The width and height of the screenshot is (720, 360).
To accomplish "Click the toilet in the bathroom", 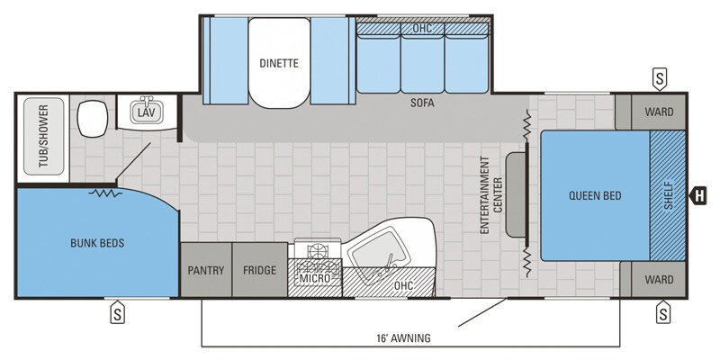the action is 93,119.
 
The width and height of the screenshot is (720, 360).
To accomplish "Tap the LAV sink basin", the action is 147,112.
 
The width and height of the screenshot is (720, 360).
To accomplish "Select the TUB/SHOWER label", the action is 43,136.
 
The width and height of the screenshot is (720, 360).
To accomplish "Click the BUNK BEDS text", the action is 97,243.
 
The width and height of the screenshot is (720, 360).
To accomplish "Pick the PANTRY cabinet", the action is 206,270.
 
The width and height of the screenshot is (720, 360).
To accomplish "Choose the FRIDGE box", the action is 260,270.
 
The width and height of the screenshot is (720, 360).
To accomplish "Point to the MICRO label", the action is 315,278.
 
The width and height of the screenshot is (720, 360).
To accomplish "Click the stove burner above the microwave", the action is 316,251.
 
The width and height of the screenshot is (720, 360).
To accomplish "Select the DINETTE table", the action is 279,63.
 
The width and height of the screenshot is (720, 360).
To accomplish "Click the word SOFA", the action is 422,103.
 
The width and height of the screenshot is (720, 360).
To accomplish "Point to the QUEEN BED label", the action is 595,195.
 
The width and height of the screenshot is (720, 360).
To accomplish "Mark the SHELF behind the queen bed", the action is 668,195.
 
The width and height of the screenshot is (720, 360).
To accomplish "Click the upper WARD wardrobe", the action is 659,112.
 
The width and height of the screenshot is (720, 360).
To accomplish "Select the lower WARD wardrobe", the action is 659,279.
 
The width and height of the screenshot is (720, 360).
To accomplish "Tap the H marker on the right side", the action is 698,196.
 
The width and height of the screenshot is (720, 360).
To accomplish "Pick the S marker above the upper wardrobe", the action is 660,78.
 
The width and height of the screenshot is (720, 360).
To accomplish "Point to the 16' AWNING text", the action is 401,338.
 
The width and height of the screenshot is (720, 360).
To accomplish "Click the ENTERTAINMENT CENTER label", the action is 490,195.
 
